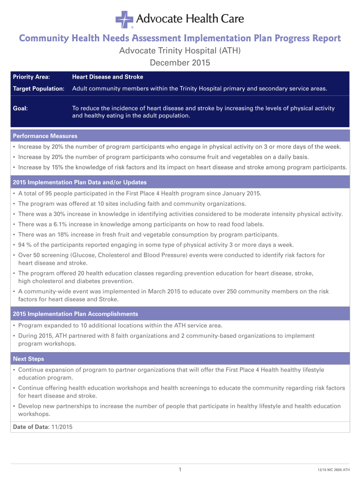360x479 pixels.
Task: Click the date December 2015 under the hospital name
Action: coord(180,62)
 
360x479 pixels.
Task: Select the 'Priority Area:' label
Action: coord(31,77)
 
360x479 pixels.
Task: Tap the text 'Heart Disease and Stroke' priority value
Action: coord(108,77)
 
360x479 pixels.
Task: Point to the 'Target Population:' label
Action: coord(38,89)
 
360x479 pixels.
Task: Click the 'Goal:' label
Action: coord(20,108)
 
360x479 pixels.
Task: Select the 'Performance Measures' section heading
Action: coord(45,136)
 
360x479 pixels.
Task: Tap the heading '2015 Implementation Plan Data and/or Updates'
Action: coord(79,182)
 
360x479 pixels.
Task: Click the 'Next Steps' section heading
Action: coord(29,359)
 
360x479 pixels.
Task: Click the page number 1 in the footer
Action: coord(180,469)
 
